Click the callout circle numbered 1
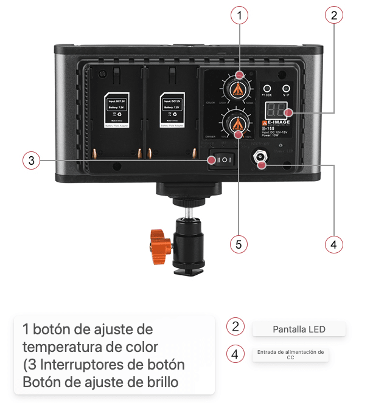pyautogui.click(x=242, y=16)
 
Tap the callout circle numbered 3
pyautogui.click(x=32, y=161)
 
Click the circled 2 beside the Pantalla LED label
pyautogui.click(x=235, y=326)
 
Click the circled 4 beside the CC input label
pyautogui.click(x=235, y=354)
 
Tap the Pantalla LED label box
pyautogui.click(x=299, y=329)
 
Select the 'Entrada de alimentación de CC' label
pyautogui.click(x=290, y=355)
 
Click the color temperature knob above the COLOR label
pyautogui.click(x=236, y=89)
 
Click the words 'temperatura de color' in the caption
pyautogui.click(x=90, y=347)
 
